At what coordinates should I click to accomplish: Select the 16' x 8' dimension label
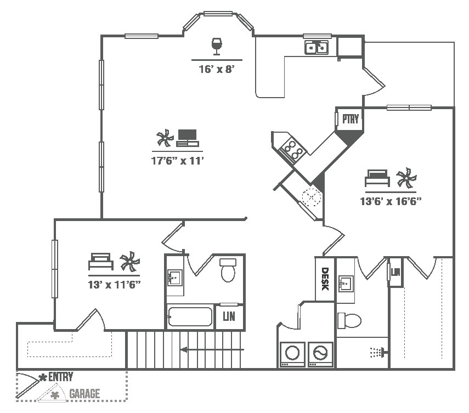pos(217,69)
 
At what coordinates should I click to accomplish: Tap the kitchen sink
pos(317,47)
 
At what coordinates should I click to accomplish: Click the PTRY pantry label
pos(350,119)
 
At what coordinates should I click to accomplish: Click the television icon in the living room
pos(187,137)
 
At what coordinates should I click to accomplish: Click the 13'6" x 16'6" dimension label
pos(390,201)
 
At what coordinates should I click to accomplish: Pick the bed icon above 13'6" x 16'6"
pos(377,178)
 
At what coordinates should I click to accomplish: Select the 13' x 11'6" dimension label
pos(115,285)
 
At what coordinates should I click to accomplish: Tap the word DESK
pos(325,279)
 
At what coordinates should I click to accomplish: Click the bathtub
pos(190,317)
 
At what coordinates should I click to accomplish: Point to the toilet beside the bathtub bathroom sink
pos(228,270)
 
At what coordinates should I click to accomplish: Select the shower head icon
pos(376,351)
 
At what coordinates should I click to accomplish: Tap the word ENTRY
pos(60,377)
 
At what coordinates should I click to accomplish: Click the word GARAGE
pos(84,394)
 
